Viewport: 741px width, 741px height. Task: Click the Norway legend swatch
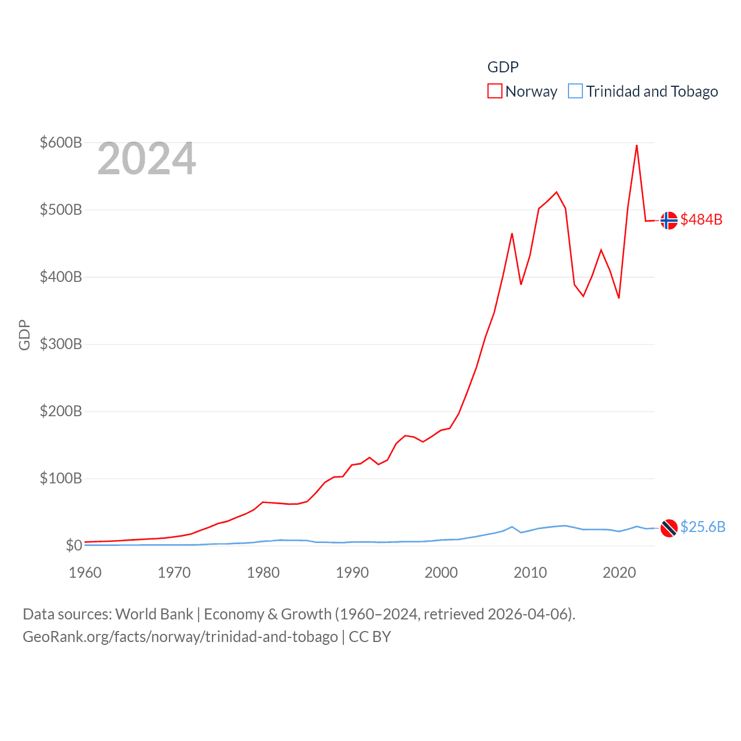click(494, 91)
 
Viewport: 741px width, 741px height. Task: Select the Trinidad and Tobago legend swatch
click(575, 91)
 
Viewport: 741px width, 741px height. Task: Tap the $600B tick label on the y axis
click(61, 142)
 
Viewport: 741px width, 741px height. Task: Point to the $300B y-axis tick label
click(61, 344)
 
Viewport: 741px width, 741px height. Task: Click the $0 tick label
click(74, 545)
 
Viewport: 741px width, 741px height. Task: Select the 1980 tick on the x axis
click(263, 573)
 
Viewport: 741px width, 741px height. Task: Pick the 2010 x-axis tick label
click(530, 573)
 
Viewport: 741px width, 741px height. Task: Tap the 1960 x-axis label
click(85, 573)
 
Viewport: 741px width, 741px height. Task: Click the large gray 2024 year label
click(146, 159)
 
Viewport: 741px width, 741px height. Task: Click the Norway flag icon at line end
click(669, 221)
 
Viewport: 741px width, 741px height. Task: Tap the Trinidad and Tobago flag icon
click(669, 528)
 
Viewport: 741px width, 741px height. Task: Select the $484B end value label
click(701, 219)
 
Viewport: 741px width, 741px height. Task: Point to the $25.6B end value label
click(703, 527)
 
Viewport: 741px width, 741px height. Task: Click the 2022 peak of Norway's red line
click(637, 145)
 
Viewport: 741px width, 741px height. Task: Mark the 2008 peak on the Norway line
click(512, 233)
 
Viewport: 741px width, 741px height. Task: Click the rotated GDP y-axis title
click(24, 335)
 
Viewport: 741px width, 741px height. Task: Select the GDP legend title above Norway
click(502, 67)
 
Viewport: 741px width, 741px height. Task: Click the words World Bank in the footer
click(154, 614)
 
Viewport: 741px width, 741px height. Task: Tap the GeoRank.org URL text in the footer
click(180, 637)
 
